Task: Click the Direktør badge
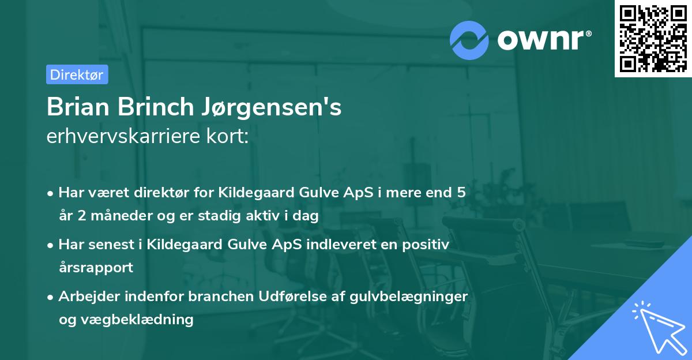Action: click(x=77, y=74)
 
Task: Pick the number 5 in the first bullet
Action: click(x=461, y=192)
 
